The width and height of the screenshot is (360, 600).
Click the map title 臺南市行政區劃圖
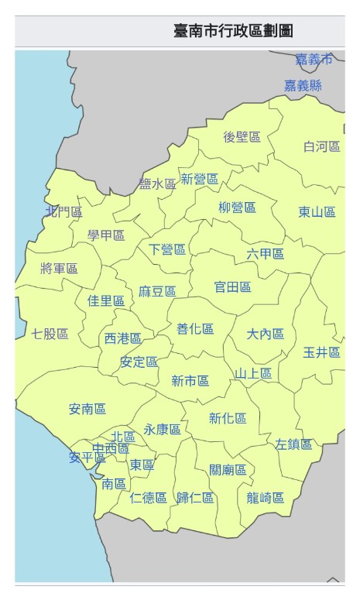pyautogui.click(x=233, y=32)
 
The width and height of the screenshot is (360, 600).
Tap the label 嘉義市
pyautogui.click(x=314, y=60)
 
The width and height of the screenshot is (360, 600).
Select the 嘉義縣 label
pyautogui.click(x=303, y=86)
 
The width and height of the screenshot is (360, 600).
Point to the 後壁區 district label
pyautogui.click(x=242, y=137)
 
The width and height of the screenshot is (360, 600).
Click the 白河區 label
pyautogui.click(x=321, y=146)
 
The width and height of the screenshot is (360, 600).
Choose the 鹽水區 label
pyautogui.click(x=158, y=184)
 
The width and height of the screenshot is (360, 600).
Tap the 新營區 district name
pyautogui.click(x=199, y=180)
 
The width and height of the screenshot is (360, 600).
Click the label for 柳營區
pyautogui.click(x=237, y=207)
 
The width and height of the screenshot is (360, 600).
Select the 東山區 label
pyautogui.click(x=317, y=212)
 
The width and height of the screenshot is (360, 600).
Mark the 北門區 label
pyautogui.click(x=63, y=211)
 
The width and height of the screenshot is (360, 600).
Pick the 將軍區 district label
pyautogui.click(x=59, y=269)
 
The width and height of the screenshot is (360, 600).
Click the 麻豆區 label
pyautogui.click(x=157, y=291)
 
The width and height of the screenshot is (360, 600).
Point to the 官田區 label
pyautogui.click(x=232, y=287)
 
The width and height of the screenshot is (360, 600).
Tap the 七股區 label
pyautogui.click(x=50, y=334)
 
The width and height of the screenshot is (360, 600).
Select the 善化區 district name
pyautogui.click(x=195, y=329)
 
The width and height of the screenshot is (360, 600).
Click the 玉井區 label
pyautogui.click(x=321, y=352)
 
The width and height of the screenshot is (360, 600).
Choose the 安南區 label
pyautogui.click(x=87, y=409)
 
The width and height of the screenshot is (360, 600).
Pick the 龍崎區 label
pyautogui.click(x=266, y=498)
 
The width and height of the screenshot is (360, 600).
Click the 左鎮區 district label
pyautogui.click(x=293, y=444)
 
